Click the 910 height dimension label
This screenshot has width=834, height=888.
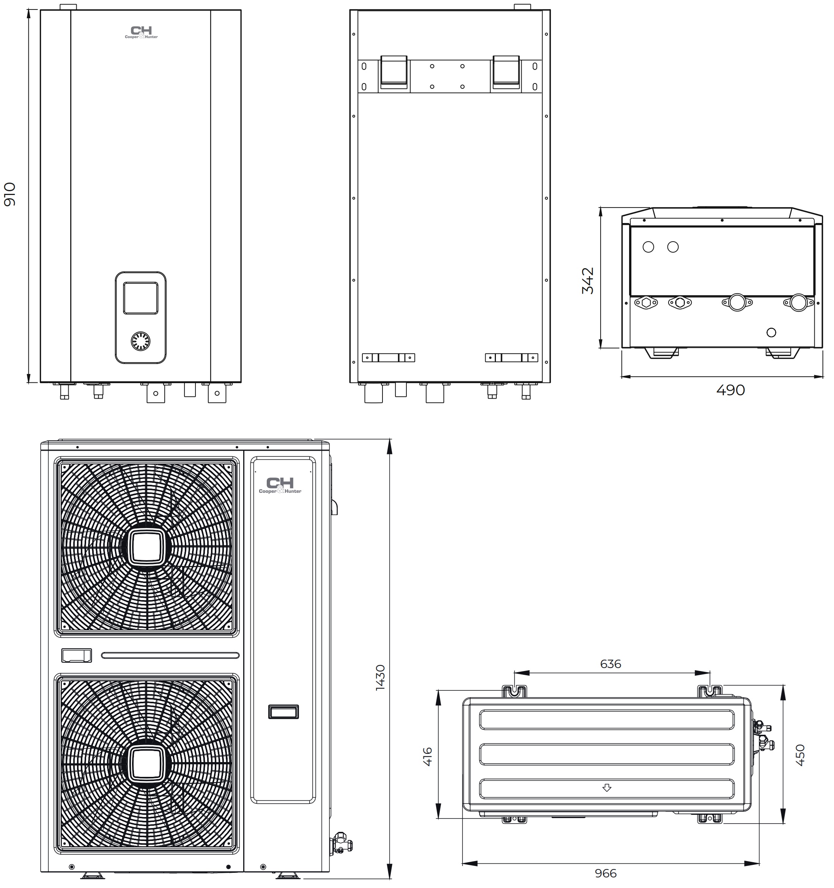coord(10,194)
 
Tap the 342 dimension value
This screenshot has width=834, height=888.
coord(588,281)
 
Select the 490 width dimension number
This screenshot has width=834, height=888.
coord(730,390)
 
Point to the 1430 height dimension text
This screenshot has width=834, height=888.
coord(380,677)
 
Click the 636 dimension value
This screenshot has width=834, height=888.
coord(611,664)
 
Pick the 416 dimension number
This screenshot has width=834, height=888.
coord(428,757)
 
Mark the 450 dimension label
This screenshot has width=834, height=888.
coord(800,755)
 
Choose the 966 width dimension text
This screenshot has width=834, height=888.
coord(606,873)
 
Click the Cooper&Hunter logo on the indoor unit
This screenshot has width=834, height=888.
coord(141,33)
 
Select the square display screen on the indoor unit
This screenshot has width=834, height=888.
coord(141,298)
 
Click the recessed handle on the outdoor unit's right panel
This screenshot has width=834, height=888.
coord(283,712)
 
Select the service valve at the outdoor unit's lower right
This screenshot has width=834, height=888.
coord(341,842)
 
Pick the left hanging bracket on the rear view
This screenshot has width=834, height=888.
coord(393,72)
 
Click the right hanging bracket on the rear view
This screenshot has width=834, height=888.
coord(506,72)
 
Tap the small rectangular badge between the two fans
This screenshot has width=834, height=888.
coord(76,655)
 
